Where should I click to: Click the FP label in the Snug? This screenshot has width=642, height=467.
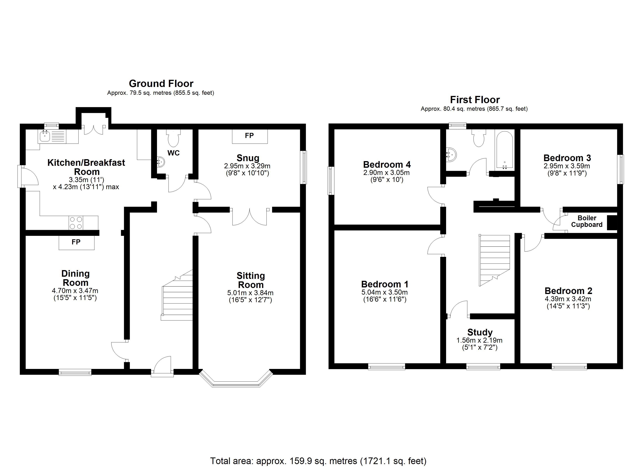(x=249, y=136)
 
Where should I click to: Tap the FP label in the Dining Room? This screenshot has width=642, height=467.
(x=76, y=242)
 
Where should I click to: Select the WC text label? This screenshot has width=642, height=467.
(x=174, y=153)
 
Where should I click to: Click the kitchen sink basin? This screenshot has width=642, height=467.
(x=45, y=137)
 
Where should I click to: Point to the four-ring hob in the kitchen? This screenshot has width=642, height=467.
(x=76, y=223)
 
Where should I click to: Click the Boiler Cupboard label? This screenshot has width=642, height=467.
(x=587, y=221)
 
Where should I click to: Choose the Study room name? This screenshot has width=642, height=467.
(x=480, y=332)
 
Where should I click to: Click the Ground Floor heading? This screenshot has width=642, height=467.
(x=161, y=83)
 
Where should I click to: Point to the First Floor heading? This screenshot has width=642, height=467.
(x=475, y=100)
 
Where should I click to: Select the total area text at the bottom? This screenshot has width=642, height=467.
(x=318, y=461)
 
